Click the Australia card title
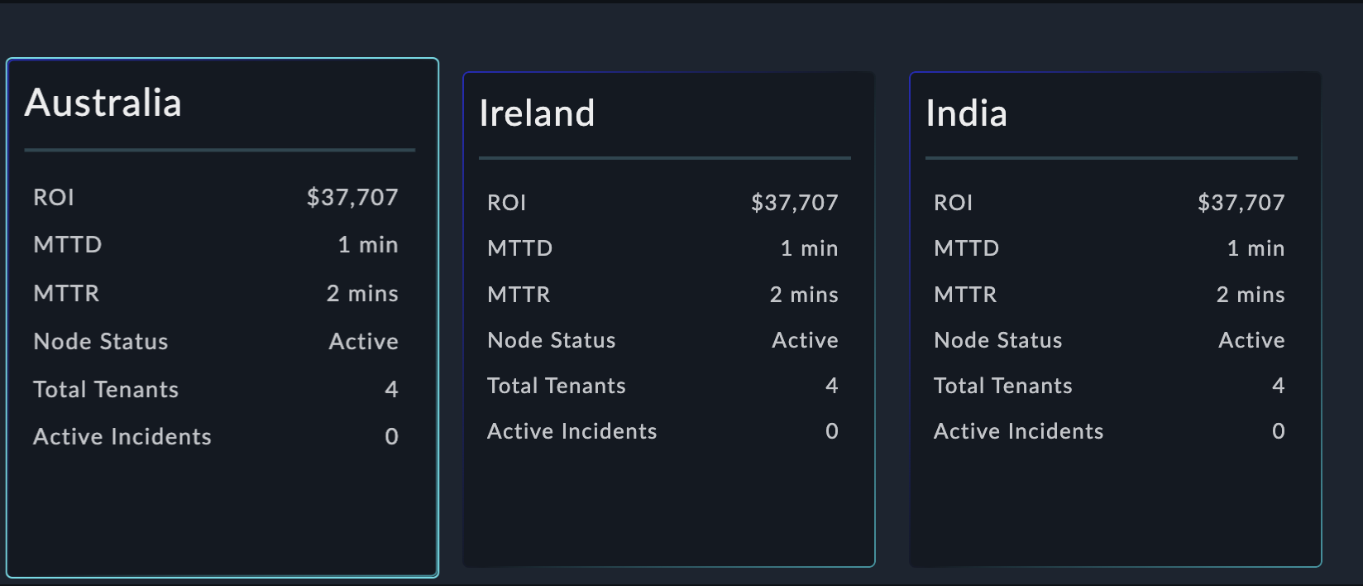pos(103,103)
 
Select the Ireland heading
pos(537,113)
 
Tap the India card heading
pos(966,113)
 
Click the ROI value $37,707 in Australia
pos(352,197)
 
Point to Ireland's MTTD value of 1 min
pos(809,248)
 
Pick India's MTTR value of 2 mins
pos(1250,295)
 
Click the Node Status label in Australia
pos(101,341)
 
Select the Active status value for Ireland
pos(805,340)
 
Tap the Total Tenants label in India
pos(1002,386)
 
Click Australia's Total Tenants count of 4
pos(391,389)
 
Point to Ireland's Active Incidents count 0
pos(831,431)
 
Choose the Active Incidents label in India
pos(1018,431)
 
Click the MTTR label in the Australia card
pos(66,293)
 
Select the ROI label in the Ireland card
pos(506,203)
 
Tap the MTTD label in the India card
pos(966,248)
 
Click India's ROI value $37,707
pos(1241,203)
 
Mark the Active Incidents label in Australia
pos(122,436)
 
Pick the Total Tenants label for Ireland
pos(556,386)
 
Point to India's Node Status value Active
pos(1251,340)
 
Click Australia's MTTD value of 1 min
pos(367,245)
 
